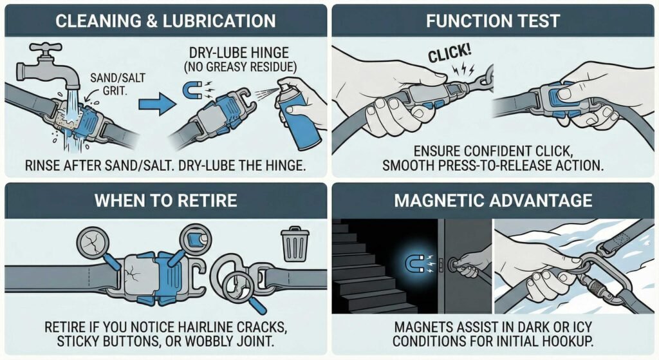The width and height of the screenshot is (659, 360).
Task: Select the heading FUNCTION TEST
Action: tap(492, 21)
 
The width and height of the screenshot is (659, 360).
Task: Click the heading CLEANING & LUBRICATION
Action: tap(165, 21)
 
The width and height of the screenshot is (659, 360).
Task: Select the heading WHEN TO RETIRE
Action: tap(165, 200)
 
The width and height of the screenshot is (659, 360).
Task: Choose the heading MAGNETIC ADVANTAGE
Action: tap(493, 200)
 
